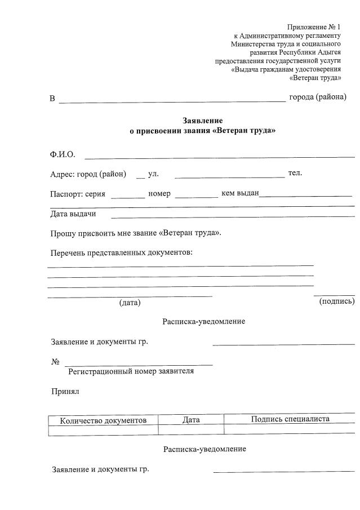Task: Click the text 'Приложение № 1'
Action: [x=314, y=26]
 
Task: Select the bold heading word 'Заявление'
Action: [x=203, y=121]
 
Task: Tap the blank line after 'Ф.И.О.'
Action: [x=219, y=156]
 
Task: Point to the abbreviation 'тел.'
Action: [x=295, y=172]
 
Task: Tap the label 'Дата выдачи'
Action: [x=73, y=214]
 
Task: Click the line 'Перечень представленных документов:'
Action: [x=121, y=252]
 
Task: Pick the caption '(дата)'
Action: [x=130, y=303]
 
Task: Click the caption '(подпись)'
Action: [x=337, y=301]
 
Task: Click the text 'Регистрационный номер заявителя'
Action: [x=131, y=371]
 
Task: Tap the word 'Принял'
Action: [x=65, y=391]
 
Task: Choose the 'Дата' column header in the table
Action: [x=191, y=420]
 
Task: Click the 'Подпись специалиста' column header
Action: [x=290, y=419]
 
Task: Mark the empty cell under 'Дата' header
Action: [x=191, y=431]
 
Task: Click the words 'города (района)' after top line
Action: [x=318, y=97]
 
